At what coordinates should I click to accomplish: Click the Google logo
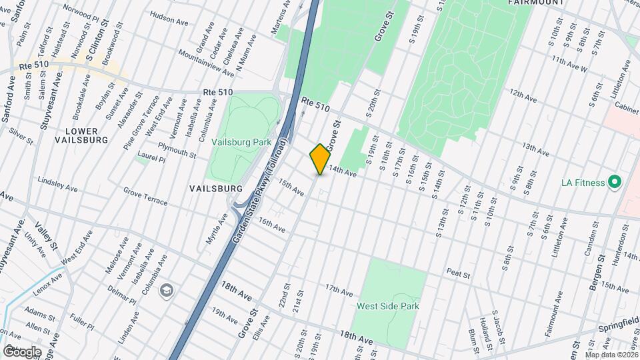(22, 351)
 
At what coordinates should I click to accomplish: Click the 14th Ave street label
(343, 172)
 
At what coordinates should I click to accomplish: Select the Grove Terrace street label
(145, 195)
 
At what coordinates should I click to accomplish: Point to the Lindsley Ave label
(59, 183)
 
